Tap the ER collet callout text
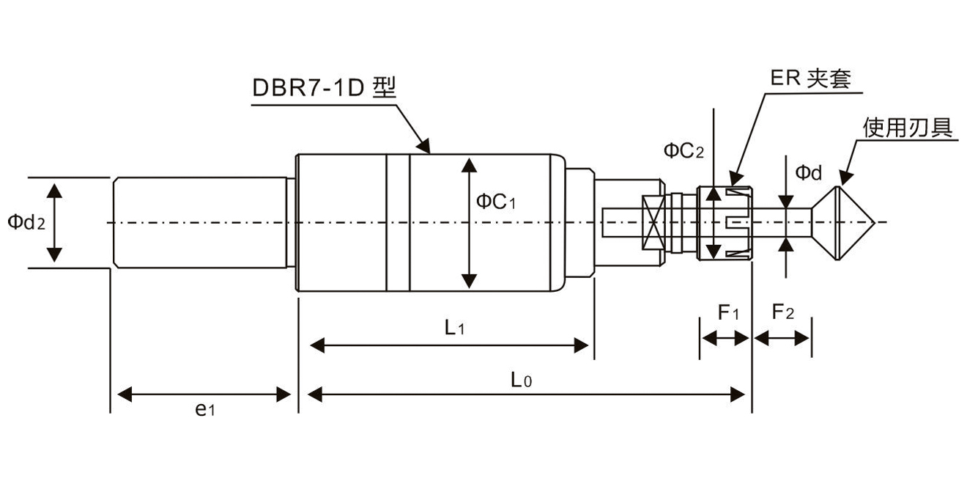(x=810, y=78)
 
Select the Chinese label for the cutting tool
(x=908, y=128)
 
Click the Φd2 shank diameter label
(x=26, y=222)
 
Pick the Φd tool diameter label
(x=809, y=173)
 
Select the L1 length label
(x=455, y=328)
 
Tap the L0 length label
(x=521, y=380)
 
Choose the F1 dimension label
(x=728, y=313)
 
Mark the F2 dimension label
(x=783, y=313)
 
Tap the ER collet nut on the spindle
(x=725, y=222)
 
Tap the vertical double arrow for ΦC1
(x=470, y=222)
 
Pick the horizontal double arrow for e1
(x=205, y=395)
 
